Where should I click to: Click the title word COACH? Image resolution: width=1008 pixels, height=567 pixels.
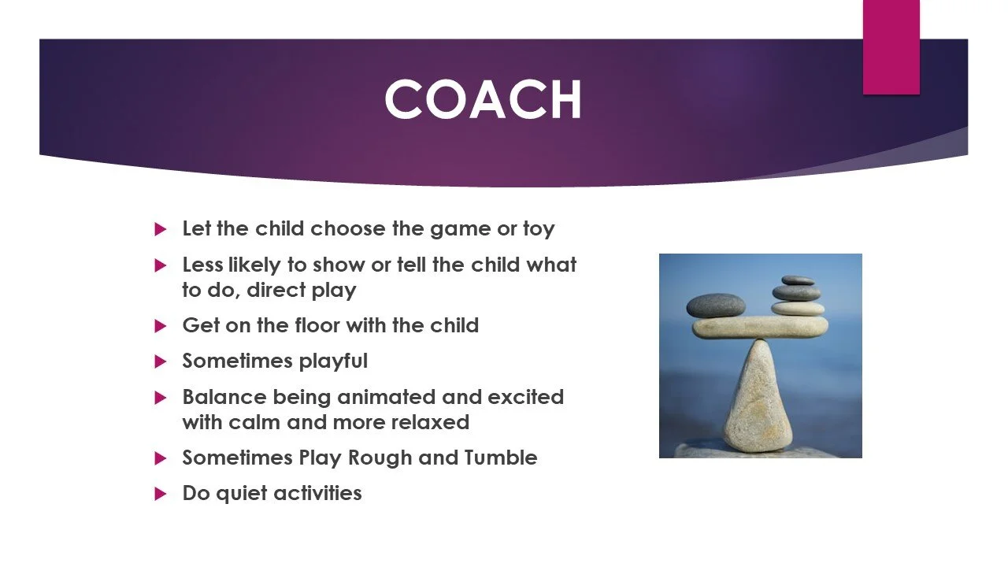click(484, 99)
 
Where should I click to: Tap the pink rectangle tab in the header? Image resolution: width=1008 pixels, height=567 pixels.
click(891, 47)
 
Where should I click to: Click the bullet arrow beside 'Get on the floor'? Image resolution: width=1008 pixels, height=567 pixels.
click(160, 326)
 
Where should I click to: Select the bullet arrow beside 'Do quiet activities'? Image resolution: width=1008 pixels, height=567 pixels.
click(160, 494)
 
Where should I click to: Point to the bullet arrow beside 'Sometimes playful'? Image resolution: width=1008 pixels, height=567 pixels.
click(160, 361)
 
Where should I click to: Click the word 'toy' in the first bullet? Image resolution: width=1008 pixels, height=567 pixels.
click(539, 229)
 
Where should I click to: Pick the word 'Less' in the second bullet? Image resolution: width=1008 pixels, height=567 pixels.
click(202, 265)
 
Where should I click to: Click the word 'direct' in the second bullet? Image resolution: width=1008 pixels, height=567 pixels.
click(276, 290)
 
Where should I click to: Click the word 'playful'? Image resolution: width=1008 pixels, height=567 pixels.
click(333, 361)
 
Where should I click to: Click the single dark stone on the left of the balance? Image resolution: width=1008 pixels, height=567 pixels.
click(716, 306)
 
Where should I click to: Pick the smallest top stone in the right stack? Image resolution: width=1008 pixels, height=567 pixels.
click(798, 281)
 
